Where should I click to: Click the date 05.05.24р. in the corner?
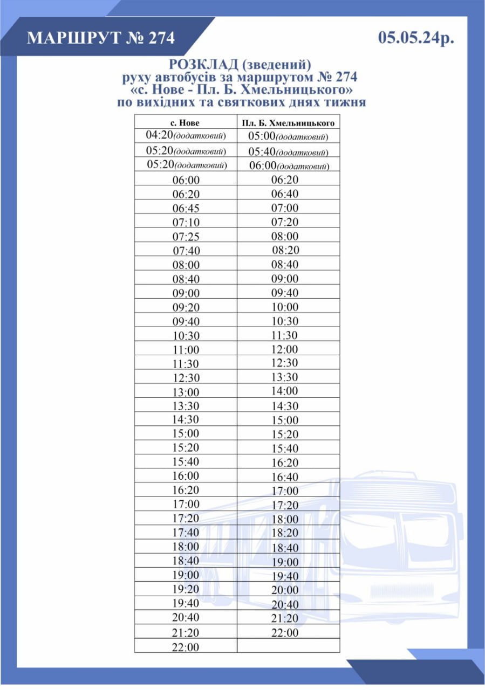416,38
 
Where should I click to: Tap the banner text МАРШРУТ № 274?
101,38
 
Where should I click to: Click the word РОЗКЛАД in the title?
204,65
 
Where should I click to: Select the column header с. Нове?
185,122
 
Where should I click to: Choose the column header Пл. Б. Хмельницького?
288,123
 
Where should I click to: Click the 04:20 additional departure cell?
186,135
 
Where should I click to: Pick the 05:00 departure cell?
288,137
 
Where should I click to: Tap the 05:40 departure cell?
288,152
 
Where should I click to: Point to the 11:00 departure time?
186,349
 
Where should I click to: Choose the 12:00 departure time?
284,349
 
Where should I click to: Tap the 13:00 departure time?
186,392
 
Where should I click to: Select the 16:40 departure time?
284,477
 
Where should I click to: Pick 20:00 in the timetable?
284,590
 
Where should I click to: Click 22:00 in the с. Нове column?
186,646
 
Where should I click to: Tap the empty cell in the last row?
288,645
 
